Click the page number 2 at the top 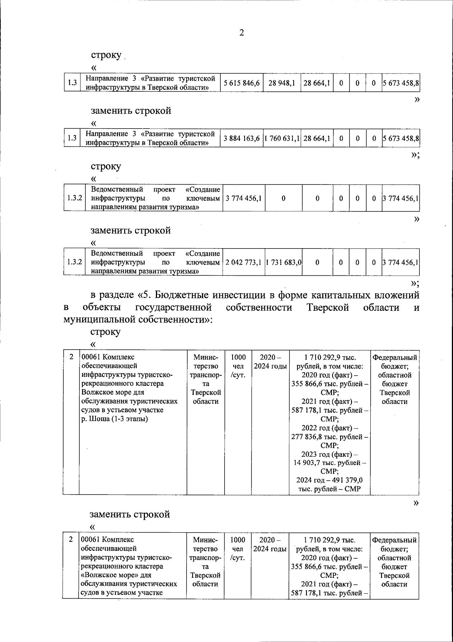pos(242,33)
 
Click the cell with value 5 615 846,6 pos(241,83)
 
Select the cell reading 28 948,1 pos(281,83)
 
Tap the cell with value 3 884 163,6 pos(241,138)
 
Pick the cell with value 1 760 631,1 pos(282,138)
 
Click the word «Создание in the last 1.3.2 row pos(203,253)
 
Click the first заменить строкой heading pos(131,111)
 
